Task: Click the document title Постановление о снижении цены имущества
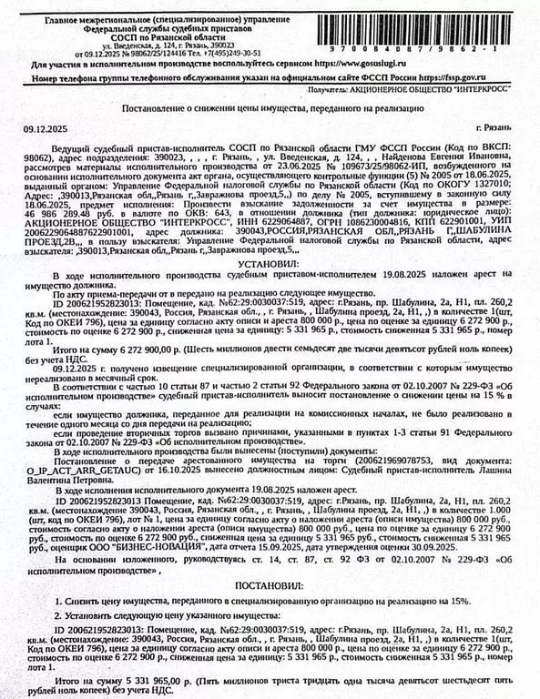point(270,107)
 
